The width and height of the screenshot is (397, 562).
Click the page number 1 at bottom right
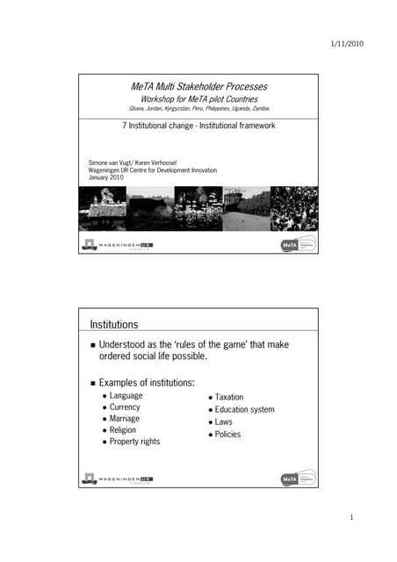[x=350, y=518]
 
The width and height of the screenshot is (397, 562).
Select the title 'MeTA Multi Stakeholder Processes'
[x=198, y=87]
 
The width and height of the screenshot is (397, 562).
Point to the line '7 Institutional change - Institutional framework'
[x=198, y=126]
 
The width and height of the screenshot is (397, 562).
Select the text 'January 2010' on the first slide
[x=107, y=177]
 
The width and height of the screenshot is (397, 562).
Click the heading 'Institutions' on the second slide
[x=115, y=324]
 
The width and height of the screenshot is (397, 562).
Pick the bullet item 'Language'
[x=126, y=396]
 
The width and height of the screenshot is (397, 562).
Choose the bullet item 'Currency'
[x=126, y=407]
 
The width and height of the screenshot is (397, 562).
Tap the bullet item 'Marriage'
[x=126, y=419]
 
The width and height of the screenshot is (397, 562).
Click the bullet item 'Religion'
[x=124, y=430]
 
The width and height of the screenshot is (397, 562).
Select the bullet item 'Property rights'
[x=134, y=442]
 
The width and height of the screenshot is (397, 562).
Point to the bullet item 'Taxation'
[x=229, y=398]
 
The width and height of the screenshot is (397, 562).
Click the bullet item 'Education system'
[x=244, y=410]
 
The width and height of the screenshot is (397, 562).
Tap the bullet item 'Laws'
[x=223, y=422]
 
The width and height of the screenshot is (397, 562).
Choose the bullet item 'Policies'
[x=227, y=435]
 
